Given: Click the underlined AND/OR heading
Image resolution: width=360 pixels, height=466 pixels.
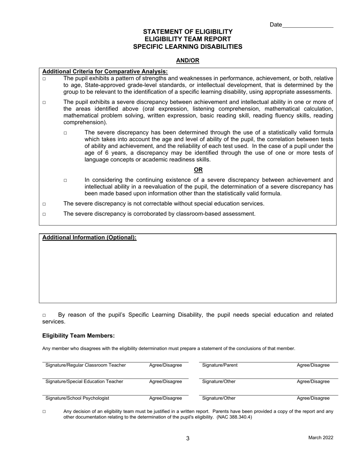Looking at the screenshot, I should (x=188, y=61).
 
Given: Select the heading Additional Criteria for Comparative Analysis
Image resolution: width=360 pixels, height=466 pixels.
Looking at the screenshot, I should (x=105, y=72).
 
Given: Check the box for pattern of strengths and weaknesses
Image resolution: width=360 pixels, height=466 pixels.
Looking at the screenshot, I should (x=44, y=79).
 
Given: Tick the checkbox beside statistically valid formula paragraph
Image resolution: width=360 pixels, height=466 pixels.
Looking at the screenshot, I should (x=65, y=133).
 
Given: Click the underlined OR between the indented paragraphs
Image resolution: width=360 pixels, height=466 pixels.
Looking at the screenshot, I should (x=198, y=170).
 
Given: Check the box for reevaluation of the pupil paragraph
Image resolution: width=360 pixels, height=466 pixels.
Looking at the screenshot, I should (x=65, y=181).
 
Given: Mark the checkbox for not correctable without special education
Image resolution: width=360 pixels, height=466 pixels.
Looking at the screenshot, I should (x=44, y=204).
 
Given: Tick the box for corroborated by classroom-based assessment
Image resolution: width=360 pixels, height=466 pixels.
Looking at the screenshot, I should (x=44, y=214).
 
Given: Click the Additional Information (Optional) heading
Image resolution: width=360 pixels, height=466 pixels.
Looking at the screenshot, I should (x=89, y=238).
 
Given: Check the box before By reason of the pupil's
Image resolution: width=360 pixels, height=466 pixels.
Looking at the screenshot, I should (x=44, y=315).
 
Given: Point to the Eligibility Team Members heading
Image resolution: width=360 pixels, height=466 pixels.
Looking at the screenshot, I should (x=78, y=336).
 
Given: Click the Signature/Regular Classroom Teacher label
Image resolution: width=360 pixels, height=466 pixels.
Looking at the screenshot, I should (x=86, y=365).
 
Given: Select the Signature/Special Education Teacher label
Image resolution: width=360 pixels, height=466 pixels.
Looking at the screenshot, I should (x=84, y=382).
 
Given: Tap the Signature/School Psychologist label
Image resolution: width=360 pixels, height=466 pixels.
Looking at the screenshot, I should (x=77, y=398).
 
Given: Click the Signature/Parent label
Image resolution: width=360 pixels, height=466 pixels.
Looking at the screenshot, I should (x=220, y=365).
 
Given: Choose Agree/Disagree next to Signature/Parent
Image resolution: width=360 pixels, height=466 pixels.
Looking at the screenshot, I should (x=313, y=365).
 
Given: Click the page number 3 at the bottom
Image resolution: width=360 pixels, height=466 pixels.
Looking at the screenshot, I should (x=188, y=439).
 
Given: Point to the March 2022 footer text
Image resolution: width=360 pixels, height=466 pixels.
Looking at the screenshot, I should (x=321, y=438).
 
